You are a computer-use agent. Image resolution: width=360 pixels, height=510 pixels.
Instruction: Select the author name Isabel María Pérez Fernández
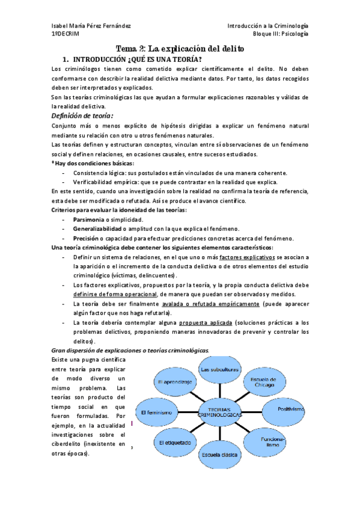[x=91, y=26]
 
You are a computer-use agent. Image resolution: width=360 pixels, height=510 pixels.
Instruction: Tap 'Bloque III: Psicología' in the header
[x=281, y=35]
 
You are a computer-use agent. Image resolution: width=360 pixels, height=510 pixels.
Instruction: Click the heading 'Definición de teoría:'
[x=82, y=116]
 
